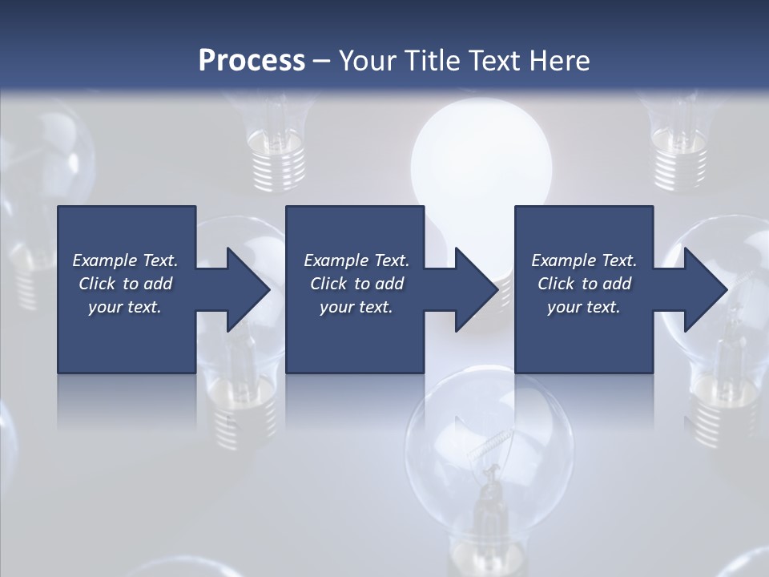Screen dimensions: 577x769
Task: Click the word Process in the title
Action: click(252, 61)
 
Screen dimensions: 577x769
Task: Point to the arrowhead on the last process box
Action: click(704, 289)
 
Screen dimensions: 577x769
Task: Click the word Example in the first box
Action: click(104, 260)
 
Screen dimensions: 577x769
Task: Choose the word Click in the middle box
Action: click(328, 284)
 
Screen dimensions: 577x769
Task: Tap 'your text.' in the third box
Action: click(583, 307)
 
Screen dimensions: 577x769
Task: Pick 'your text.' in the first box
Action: click(125, 307)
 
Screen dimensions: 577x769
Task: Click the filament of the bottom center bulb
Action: click(493, 457)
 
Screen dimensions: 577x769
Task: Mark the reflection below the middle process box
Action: click(355, 401)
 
